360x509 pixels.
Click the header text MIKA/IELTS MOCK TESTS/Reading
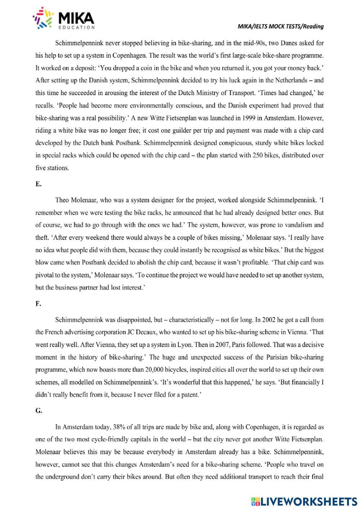[280, 26]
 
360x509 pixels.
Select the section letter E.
[38, 184]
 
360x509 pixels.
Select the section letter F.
[38, 304]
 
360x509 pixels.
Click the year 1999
[249, 118]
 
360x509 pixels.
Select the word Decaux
[145, 332]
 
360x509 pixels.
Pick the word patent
[189, 395]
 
